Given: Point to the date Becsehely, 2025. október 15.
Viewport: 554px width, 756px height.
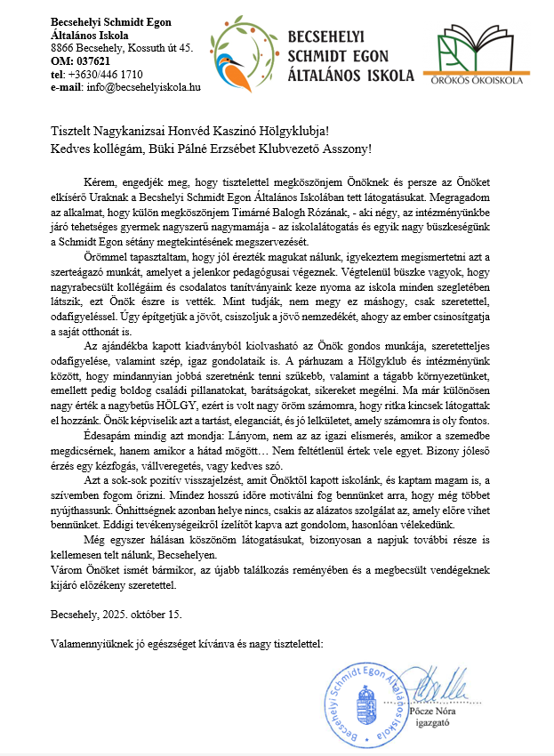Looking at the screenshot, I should point(117,613).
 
